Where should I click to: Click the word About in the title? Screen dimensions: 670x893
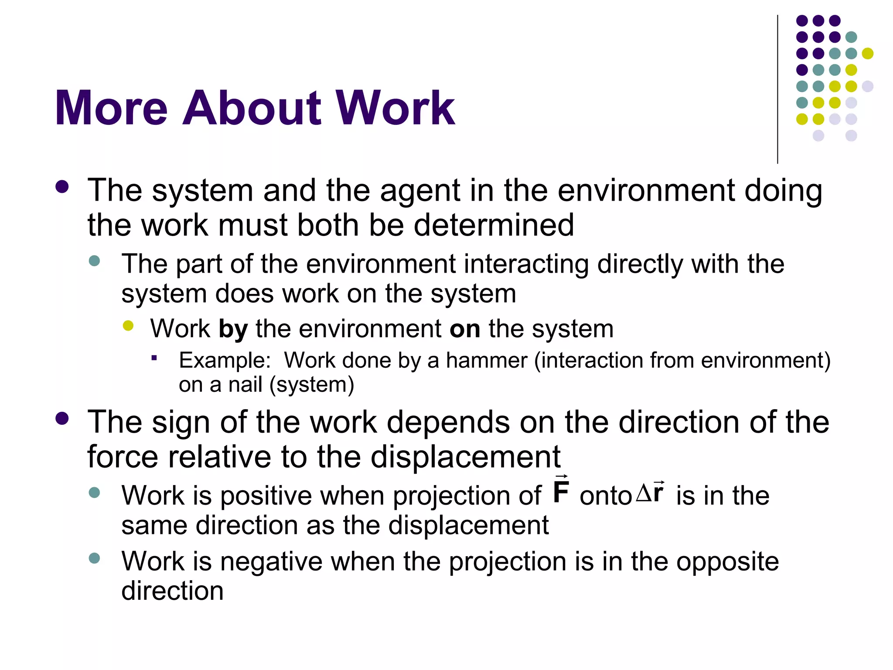(252, 108)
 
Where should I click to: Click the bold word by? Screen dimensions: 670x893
(233, 329)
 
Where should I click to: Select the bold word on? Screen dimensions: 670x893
(465, 329)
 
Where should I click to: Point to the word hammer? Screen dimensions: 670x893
(486, 361)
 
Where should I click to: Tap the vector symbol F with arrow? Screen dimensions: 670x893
(561, 490)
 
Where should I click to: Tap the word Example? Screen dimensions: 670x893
(225, 361)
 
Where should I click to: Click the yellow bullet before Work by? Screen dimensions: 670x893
(128, 326)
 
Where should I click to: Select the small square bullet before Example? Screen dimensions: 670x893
(154, 359)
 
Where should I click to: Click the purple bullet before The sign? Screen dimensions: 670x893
(62, 419)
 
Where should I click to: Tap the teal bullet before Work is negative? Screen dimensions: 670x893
(94, 558)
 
